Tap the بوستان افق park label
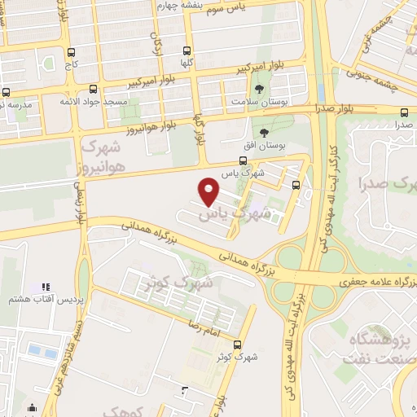[x=265, y=144]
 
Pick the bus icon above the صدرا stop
[x=405, y=113]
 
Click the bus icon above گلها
[x=188, y=50]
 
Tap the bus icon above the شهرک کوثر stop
[x=238, y=344]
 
